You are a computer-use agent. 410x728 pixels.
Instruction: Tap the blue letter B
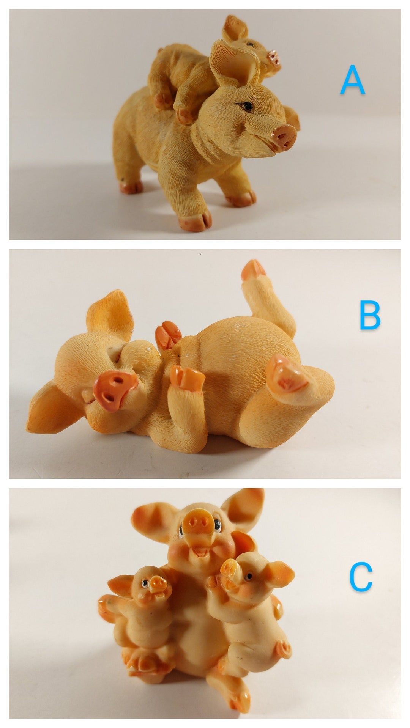[369, 316]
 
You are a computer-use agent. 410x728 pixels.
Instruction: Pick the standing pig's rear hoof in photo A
[131, 187]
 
